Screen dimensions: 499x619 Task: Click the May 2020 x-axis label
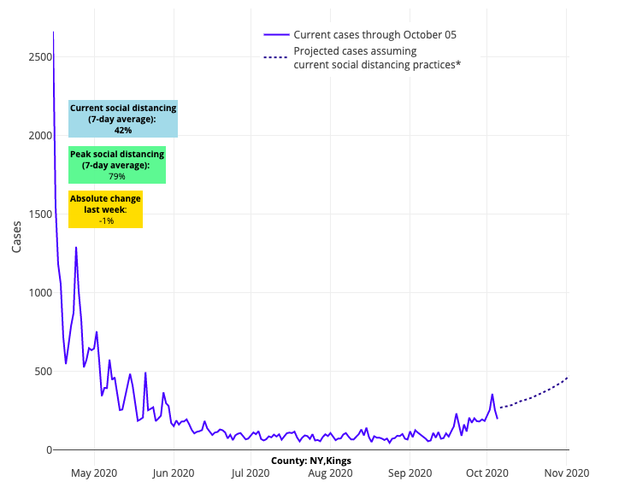coord(94,472)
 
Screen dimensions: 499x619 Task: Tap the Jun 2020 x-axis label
coord(174,472)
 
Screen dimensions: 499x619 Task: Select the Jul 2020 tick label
coord(251,472)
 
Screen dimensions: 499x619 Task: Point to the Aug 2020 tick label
coord(331,472)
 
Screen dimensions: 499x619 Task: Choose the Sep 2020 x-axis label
coord(410,472)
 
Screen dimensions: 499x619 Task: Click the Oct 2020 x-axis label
coord(487,472)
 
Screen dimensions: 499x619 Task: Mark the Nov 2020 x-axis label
coord(567,472)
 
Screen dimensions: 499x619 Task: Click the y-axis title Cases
coord(17,232)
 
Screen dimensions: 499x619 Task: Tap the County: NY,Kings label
coord(311,461)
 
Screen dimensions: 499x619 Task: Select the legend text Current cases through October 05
coord(374,35)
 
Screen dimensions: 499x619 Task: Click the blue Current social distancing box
coord(123,119)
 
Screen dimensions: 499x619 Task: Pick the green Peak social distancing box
coord(117,165)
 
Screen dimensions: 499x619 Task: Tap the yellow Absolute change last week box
coord(106,209)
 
